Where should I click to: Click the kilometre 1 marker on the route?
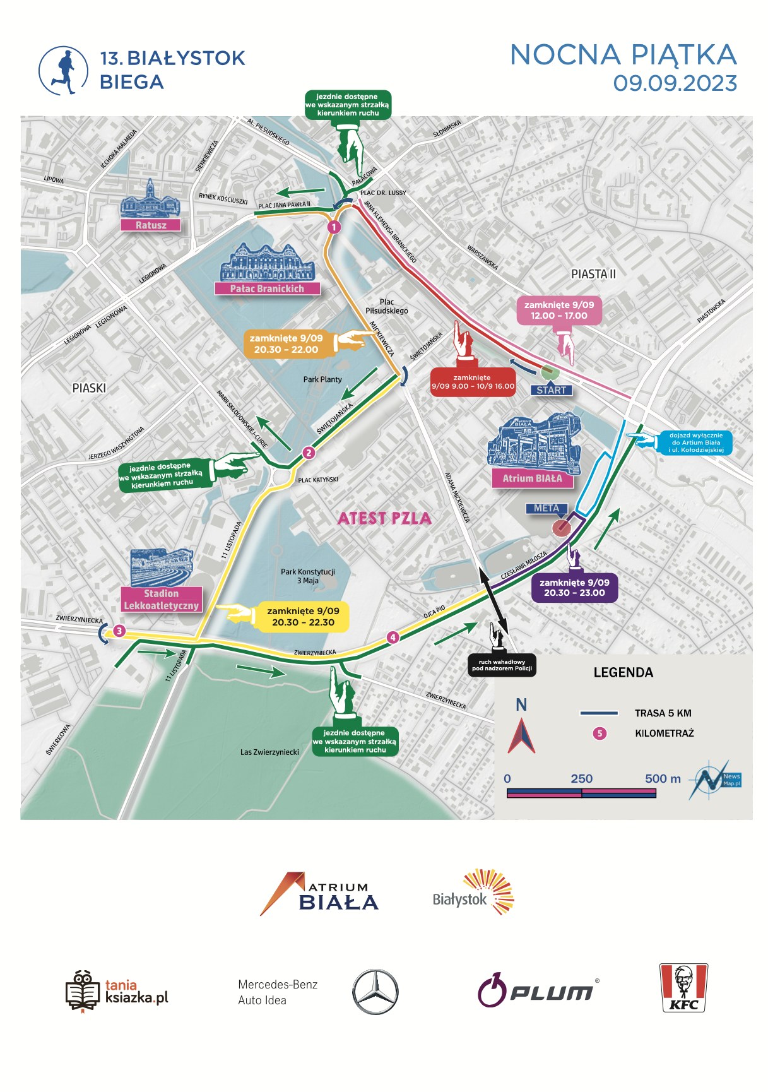[334, 227]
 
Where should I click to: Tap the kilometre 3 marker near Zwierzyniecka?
[119, 631]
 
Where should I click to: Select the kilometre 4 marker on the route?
[393, 638]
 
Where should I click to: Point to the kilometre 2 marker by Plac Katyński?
[308, 453]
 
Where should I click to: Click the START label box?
[551, 390]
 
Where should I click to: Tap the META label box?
[546, 508]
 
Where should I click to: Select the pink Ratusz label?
[151, 225]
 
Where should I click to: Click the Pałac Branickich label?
[267, 288]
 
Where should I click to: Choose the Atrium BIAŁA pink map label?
[532, 478]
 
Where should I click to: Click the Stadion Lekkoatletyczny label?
[162, 600]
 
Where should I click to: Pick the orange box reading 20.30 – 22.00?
[286, 343]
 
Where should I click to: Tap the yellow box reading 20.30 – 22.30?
[303, 617]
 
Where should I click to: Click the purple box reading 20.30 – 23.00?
[574, 588]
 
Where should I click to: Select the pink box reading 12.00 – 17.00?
[559, 310]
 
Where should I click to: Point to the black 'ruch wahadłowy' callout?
[502, 665]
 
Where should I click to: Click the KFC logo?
[683, 988]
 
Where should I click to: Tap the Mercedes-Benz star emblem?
[375, 992]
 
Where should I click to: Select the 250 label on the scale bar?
[581, 778]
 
